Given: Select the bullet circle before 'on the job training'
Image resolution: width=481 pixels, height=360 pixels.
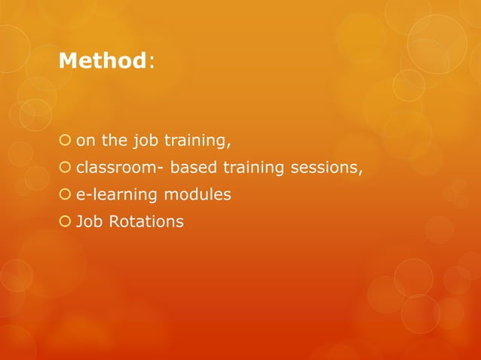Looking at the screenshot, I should pyautogui.click(x=65, y=139).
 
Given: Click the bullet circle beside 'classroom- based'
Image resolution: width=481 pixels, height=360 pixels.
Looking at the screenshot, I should pyautogui.click(x=65, y=167).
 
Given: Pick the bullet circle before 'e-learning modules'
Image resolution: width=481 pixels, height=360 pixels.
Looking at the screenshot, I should pyautogui.click(x=65, y=195).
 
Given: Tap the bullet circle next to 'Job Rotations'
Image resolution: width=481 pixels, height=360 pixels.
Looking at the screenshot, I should pyautogui.click(x=65, y=222).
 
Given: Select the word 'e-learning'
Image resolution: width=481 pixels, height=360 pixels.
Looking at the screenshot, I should pyautogui.click(x=114, y=195).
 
